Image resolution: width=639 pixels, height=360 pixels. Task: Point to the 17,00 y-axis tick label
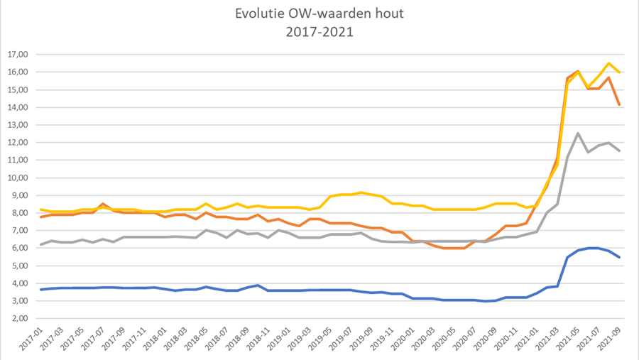point(16,55)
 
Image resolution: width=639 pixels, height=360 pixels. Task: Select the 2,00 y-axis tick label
point(18,319)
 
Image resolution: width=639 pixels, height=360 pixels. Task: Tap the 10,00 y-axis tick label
point(16,178)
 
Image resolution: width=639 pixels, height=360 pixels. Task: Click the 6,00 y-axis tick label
point(18,249)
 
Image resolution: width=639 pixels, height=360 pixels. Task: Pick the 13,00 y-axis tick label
point(16,125)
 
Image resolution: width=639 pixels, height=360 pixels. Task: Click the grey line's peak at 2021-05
point(579,133)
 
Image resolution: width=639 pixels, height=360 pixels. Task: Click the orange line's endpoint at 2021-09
point(620,105)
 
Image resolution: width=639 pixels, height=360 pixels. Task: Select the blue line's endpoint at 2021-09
point(620,257)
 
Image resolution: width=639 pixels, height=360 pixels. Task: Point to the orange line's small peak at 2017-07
point(104,204)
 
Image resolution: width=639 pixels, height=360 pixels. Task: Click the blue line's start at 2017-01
point(41,290)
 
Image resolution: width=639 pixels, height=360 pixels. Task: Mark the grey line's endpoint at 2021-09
point(620,151)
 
